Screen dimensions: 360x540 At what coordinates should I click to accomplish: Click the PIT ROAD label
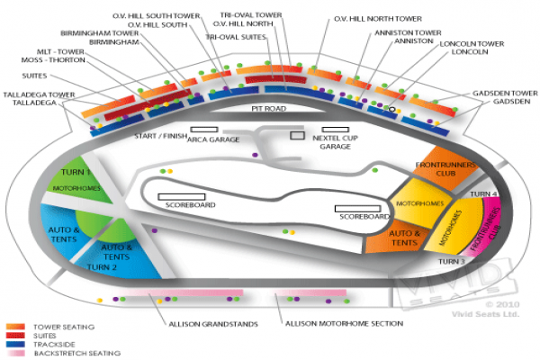pyautogui.click(x=267, y=108)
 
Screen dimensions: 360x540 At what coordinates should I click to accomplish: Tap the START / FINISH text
pyautogui.click(x=158, y=136)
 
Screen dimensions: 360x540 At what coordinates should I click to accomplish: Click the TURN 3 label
pyautogui.click(x=451, y=261)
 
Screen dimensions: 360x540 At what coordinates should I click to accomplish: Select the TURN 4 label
pyautogui.click(x=483, y=193)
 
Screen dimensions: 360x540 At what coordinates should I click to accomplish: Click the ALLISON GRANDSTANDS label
pyautogui.click(x=213, y=323)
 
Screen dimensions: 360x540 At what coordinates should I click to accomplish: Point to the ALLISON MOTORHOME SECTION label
pyautogui.click(x=343, y=323)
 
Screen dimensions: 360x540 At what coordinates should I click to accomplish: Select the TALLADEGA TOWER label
pyautogui.click(x=37, y=94)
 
